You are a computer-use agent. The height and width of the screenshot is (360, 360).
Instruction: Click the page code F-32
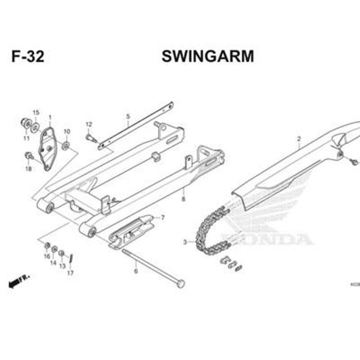click(28, 57)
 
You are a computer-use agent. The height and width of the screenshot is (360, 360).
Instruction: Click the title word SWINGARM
click(207, 57)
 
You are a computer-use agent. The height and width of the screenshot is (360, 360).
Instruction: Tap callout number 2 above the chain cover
click(299, 139)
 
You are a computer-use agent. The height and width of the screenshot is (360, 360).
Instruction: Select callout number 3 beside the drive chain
click(185, 242)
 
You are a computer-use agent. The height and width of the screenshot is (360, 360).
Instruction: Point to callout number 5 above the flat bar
click(128, 117)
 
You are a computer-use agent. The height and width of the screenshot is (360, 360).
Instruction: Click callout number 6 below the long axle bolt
click(136, 271)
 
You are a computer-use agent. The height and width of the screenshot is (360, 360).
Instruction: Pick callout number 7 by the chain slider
click(163, 217)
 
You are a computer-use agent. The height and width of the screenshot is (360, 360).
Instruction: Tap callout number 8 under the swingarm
click(183, 198)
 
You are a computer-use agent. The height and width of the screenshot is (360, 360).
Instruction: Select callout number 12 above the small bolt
click(88, 125)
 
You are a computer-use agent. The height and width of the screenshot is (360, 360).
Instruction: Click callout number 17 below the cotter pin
click(71, 273)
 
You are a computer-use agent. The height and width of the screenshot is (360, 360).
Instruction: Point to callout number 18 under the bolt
click(28, 168)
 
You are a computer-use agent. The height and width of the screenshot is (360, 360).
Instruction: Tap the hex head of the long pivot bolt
click(180, 284)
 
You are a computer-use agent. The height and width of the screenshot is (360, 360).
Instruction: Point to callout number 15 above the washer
click(36, 113)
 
